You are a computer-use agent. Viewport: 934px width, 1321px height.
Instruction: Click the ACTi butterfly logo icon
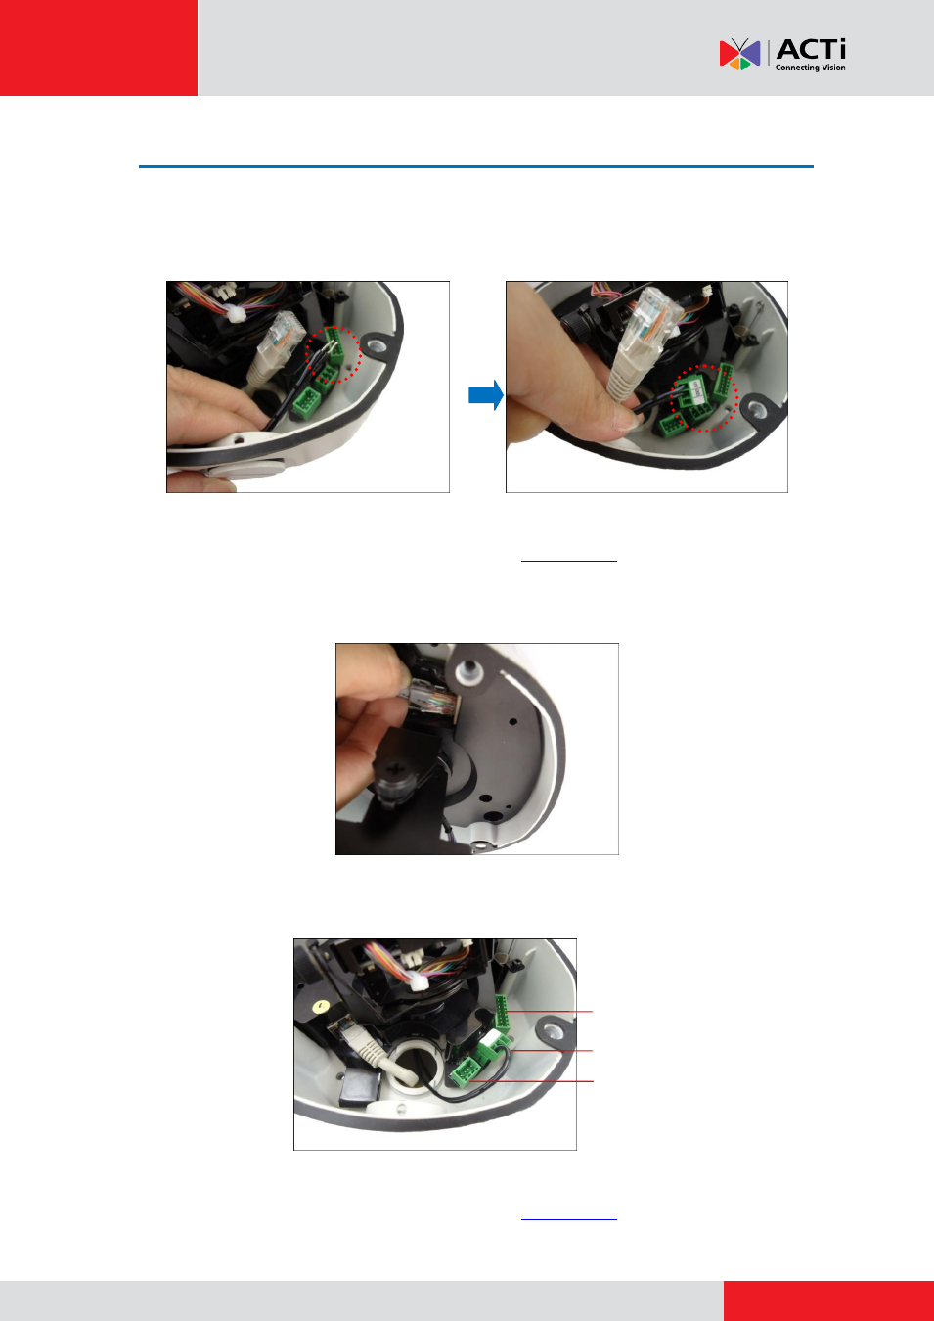739,54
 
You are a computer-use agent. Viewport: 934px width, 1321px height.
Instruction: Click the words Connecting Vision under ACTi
810,68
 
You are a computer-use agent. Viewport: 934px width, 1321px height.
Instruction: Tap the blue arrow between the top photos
486,395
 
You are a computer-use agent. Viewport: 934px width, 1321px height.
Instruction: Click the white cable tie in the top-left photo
237,314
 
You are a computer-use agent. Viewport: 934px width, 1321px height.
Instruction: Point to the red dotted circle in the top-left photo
334,355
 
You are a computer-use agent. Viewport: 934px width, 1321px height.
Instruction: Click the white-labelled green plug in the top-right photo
693,391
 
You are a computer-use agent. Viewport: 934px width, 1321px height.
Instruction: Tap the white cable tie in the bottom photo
418,981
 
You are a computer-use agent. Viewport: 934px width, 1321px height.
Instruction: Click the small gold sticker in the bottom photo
320,1005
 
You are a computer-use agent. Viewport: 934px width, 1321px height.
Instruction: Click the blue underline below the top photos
569,561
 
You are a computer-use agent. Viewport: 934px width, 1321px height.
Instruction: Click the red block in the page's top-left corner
99,48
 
